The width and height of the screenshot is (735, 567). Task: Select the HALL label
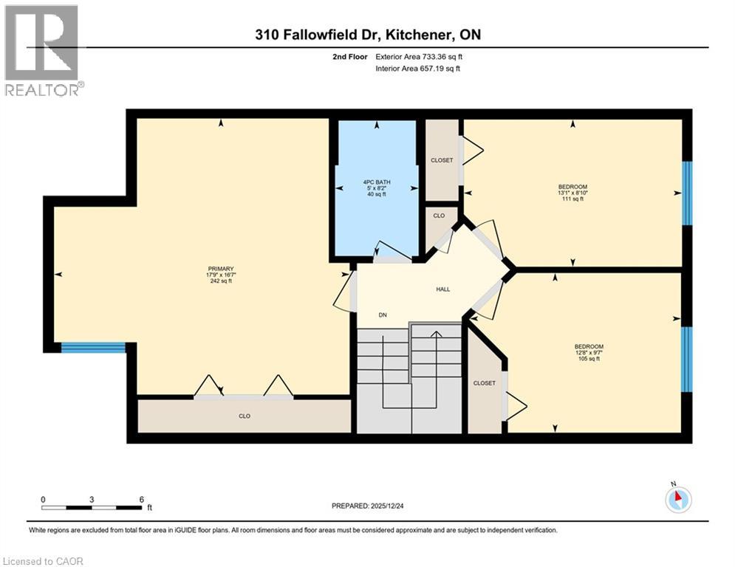pos(442,289)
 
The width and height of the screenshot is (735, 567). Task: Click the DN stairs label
pos(383,315)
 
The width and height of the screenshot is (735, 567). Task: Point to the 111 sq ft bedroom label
pos(572,193)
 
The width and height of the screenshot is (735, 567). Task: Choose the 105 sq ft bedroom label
pos(589,352)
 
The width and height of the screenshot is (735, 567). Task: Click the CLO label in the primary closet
pos(245,416)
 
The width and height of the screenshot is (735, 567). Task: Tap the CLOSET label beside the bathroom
pos(442,160)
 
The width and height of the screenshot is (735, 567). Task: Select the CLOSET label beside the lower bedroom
pos(485,383)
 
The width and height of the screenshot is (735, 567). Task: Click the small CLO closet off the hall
pos(439,216)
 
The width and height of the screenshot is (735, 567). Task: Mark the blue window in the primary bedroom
pos(93,348)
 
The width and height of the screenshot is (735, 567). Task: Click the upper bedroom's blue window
pos(687,193)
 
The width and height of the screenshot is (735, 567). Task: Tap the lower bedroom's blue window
pos(687,359)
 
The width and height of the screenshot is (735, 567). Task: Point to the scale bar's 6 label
pos(140,499)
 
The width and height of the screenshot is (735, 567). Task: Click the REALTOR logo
pos(42,50)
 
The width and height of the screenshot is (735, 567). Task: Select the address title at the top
pos(367,35)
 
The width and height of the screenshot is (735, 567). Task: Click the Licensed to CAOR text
pos(44,561)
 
